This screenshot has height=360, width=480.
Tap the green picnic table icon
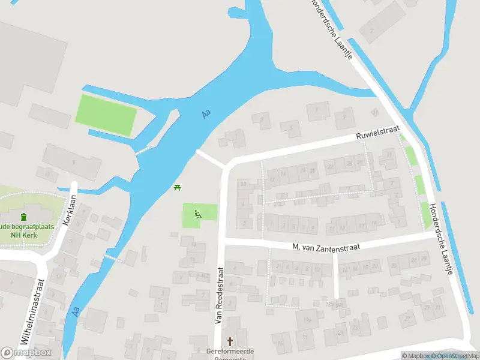(177, 188)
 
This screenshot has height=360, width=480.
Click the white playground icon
(198, 213)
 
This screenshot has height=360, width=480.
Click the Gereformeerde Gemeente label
(230, 352)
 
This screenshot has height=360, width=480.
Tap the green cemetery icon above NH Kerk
(23, 217)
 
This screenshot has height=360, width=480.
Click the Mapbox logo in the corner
(26, 353)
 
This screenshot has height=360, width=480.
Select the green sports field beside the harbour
(105, 115)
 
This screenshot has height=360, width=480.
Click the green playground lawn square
(199, 215)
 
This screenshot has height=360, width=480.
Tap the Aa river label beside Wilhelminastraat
(76, 311)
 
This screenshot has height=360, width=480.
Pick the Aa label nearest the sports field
(206, 113)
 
